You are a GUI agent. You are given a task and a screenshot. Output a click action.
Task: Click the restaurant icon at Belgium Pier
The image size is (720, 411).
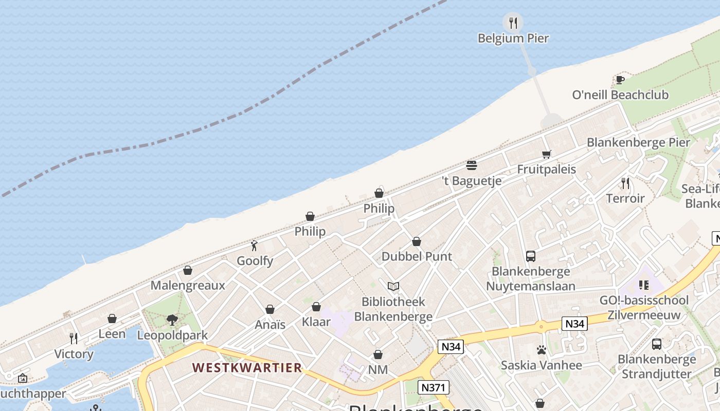pyautogui.click(x=513, y=23)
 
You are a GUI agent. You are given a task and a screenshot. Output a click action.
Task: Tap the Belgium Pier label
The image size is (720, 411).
pyautogui.click(x=513, y=39)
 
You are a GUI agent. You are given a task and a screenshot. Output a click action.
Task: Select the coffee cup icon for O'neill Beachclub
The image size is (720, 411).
pyautogui.click(x=620, y=80)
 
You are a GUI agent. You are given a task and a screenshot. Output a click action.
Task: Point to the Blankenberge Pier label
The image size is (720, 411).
pyautogui.click(x=638, y=142)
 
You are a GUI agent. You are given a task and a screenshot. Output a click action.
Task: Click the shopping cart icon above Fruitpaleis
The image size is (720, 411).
pyautogui.click(x=546, y=154)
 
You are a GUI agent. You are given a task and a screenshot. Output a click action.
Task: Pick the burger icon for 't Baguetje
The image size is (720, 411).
pyautogui.click(x=472, y=165)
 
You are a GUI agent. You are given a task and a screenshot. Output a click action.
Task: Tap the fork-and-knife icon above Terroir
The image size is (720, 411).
pyautogui.click(x=625, y=183)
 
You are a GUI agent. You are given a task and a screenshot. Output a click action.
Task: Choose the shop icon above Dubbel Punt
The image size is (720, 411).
pyautogui.click(x=417, y=241)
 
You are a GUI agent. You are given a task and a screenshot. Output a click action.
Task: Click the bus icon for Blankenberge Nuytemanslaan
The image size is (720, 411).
pyautogui.click(x=531, y=256)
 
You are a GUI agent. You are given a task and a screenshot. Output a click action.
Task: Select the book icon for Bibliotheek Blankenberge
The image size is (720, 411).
pyautogui.click(x=393, y=287)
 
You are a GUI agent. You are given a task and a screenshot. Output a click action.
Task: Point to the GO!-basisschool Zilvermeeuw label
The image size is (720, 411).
pyautogui.click(x=644, y=308)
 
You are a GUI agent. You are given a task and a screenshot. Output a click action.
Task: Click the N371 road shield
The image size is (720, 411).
pyautogui.click(x=433, y=387)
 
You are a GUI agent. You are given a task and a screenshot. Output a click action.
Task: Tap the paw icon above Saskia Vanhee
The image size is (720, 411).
pyautogui.click(x=541, y=350)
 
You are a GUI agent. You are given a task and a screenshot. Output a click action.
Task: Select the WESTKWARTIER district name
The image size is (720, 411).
pyautogui.click(x=247, y=368)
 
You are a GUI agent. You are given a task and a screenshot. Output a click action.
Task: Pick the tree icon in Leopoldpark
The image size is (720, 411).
pyautogui.click(x=172, y=320)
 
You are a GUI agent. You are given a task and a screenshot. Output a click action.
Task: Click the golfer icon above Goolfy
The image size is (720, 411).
pyautogui.click(x=254, y=246)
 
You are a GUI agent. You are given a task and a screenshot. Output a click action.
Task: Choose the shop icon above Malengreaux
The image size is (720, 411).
pyautogui.click(x=188, y=270)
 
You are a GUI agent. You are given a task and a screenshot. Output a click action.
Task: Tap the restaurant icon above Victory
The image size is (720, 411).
pyautogui.click(x=74, y=338)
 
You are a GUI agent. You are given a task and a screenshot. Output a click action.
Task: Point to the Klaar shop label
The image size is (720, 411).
pyautogui.click(x=316, y=323)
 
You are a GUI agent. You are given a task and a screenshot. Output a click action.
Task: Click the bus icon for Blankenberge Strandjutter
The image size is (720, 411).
pyautogui.click(x=656, y=344)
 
